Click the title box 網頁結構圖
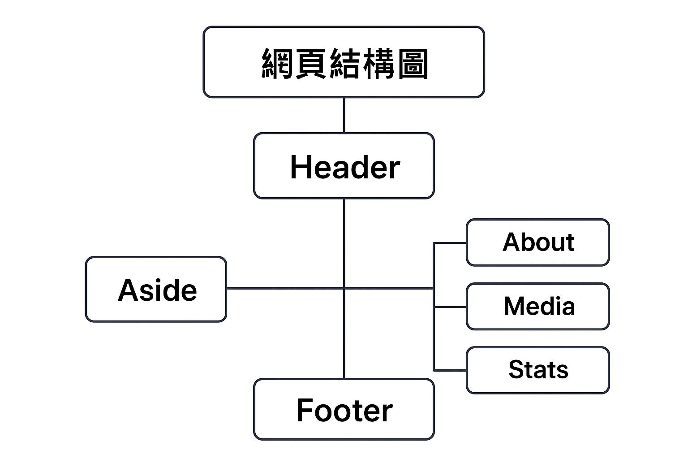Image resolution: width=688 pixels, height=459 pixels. point(344,62)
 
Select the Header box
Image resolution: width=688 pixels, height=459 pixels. point(344,166)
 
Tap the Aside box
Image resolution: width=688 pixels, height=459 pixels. point(156,289)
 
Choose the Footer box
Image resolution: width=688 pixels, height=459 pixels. point(344,409)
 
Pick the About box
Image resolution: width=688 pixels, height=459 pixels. point(537,242)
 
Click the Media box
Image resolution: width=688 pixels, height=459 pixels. point(537,307)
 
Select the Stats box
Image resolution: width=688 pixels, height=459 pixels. point(537,370)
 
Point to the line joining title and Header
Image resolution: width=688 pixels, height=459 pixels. point(344,115)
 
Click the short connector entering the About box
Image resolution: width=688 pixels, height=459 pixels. point(450,243)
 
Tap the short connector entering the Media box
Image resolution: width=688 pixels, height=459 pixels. point(450,307)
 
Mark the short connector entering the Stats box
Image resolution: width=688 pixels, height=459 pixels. point(450,371)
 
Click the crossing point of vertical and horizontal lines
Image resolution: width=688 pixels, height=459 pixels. point(344,288)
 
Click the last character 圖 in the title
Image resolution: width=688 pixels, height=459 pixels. point(413,64)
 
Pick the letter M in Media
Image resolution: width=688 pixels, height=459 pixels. point(515,307)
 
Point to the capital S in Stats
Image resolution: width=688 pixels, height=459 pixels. point(516,370)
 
